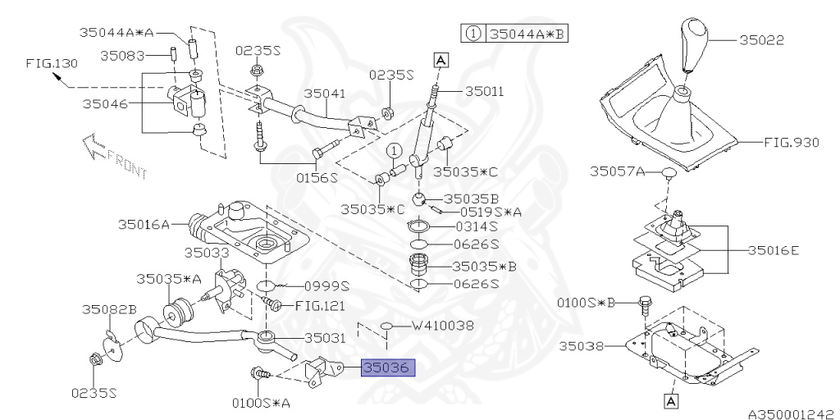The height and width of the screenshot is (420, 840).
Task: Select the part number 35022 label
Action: (x=761, y=39)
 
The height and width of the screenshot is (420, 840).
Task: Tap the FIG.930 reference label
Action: (x=791, y=142)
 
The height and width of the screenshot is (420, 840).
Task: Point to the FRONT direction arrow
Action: (x=112, y=157)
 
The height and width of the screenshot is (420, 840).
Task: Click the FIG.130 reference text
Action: (x=50, y=62)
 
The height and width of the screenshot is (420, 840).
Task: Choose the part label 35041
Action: (x=325, y=94)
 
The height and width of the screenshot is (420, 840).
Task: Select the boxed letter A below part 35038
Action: (x=670, y=401)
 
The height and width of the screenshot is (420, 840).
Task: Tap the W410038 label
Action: (x=442, y=325)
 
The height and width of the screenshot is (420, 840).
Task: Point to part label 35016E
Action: (x=773, y=249)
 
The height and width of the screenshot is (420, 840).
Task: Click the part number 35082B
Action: (x=108, y=309)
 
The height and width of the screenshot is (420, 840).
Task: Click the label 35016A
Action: (x=143, y=223)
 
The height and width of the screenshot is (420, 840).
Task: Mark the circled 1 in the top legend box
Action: (x=473, y=34)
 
